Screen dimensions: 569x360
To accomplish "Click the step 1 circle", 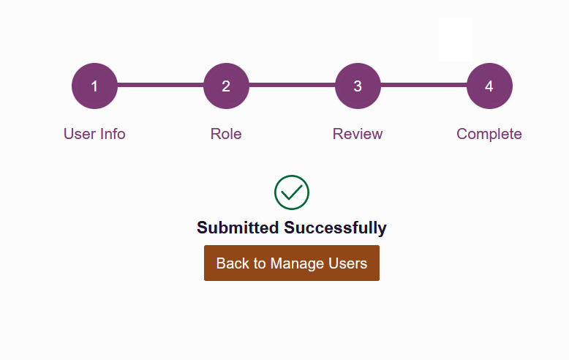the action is [x=95, y=86].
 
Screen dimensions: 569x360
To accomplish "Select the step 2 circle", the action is [x=226, y=86].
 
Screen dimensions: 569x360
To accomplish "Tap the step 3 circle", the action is [x=358, y=86].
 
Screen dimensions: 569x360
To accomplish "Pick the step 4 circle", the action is [x=489, y=86].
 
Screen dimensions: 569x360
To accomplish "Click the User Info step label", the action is [x=94, y=134].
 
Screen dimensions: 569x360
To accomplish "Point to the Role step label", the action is [x=226, y=134].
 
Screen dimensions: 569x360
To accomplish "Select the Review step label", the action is [x=358, y=134].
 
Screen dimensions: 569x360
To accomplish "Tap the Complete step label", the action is [x=489, y=135].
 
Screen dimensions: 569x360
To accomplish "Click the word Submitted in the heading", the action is [x=238, y=228].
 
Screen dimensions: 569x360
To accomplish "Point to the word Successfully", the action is [x=335, y=228].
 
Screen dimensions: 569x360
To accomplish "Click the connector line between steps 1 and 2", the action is [x=160, y=85].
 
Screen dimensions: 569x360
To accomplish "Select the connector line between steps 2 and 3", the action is [x=292, y=85].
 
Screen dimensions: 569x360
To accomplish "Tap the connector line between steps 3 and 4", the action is [x=423, y=85].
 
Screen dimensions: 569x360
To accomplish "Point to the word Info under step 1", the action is [x=113, y=134].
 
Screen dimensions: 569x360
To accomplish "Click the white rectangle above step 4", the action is [x=456, y=40].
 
